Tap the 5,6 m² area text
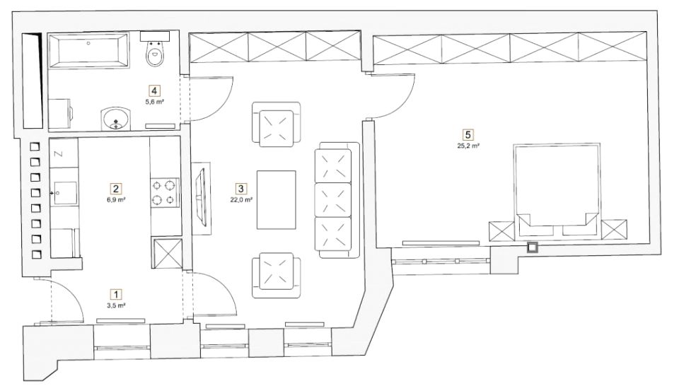coord(155,102)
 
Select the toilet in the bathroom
coord(155,49)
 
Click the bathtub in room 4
coord(88,50)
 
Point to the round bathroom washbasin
coord(116,119)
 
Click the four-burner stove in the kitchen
coord(165,192)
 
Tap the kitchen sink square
coord(64,193)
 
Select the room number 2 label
coord(115,189)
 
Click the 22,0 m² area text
coord(241,199)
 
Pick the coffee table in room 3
coord(277,199)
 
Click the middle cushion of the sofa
coord(332,199)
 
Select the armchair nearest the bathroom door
coord(277,124)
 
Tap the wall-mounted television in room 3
coord(202,199)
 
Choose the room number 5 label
coord(468,134)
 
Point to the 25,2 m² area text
coord(468,146)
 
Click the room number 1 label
coord(115,294)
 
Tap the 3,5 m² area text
coord(116,305)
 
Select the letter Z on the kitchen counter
coord(59,154)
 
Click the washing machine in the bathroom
coord(60,114)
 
